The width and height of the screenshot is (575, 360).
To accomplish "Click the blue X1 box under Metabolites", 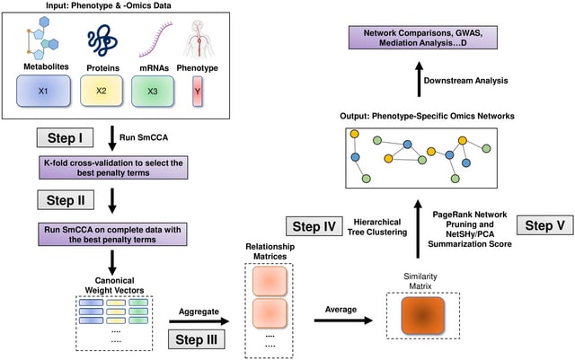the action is (x=43, y=91).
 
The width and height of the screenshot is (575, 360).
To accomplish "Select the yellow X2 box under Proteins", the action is (x=102, y=91).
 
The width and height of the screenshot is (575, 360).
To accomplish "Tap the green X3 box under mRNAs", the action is (x=153, y=91).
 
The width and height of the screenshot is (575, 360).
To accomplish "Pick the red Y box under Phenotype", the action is (x=198, y=92).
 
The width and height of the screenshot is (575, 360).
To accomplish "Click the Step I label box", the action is (x=65, y=138).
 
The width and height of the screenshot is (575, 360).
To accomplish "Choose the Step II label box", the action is (x=66, y=200).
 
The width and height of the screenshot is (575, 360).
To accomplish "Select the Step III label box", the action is (x=196, y=339).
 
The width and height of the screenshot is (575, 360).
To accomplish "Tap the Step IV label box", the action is (x=314, y=226).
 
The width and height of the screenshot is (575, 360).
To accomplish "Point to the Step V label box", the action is (x=545, y=225).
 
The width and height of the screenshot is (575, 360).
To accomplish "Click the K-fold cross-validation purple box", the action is (x=113, y=168).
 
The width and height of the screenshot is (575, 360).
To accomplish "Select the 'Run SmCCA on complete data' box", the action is (x=112, y=234).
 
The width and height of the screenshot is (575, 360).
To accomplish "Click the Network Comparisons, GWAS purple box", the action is (x=423, y=38).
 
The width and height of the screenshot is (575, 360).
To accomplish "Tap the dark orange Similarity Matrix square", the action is (x=423, y=316).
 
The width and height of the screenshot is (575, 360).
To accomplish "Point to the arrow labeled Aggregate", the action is (x=199, y=321).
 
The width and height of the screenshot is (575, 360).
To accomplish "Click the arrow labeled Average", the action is (x=343, y=320).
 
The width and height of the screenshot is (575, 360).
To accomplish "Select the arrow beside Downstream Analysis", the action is (x=420, y=80).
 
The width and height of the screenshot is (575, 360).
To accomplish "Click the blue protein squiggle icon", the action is (x=102, y=40).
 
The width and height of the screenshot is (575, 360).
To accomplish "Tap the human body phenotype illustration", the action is (x=198, y=40).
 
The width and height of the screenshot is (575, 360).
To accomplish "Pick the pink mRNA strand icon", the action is (x=155, y=40).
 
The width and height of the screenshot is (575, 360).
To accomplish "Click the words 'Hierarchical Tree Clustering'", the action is (x=377, y=227).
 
